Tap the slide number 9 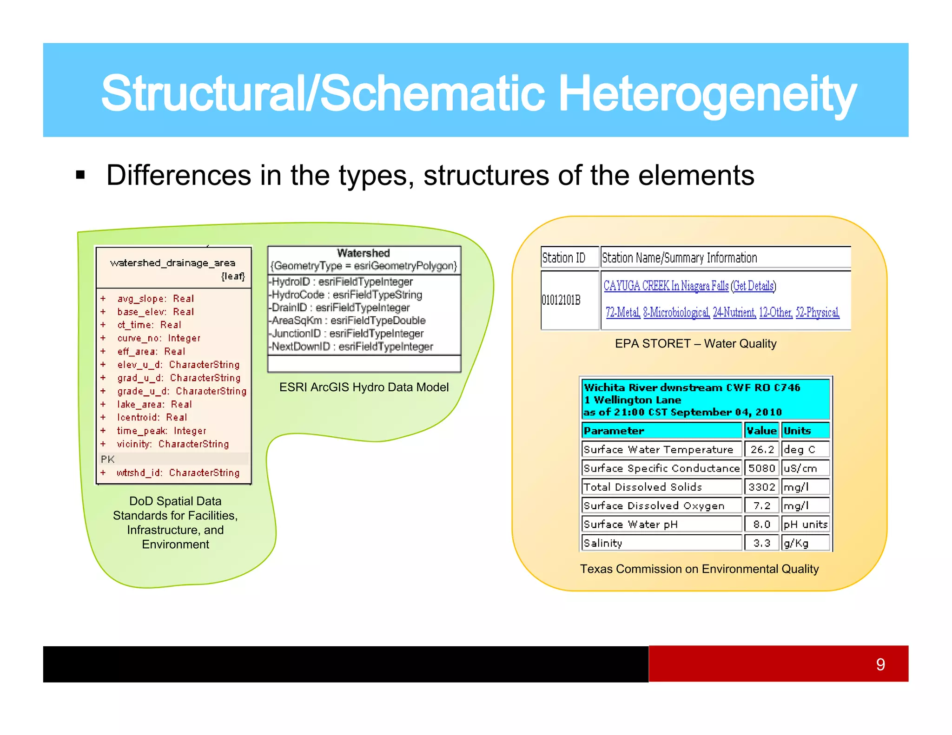(x=880, y=664)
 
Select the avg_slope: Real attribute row (x=155, y=299)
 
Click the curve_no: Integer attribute (x=159, y=338)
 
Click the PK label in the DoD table (x=107, y=459)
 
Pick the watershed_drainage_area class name (x=172, y=263)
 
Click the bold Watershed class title (x=363, y=253)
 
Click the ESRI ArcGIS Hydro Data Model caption (x=364, y=387)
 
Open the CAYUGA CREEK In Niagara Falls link (x=666, y=286)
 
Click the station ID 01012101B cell (x=561, y=300)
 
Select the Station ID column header (x=563, y=258)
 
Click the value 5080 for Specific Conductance (x=761, y=468)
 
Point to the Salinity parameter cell (x=603, y=543)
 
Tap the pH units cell (x=805, y=525)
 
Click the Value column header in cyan (x=761, y=431)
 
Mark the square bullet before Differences (x=80, y=175)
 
